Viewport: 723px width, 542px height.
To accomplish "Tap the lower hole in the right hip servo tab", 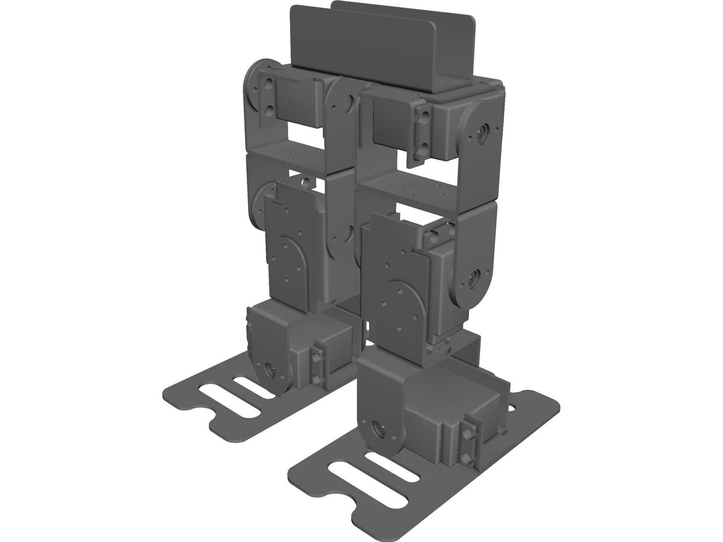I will tap(425, 147).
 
